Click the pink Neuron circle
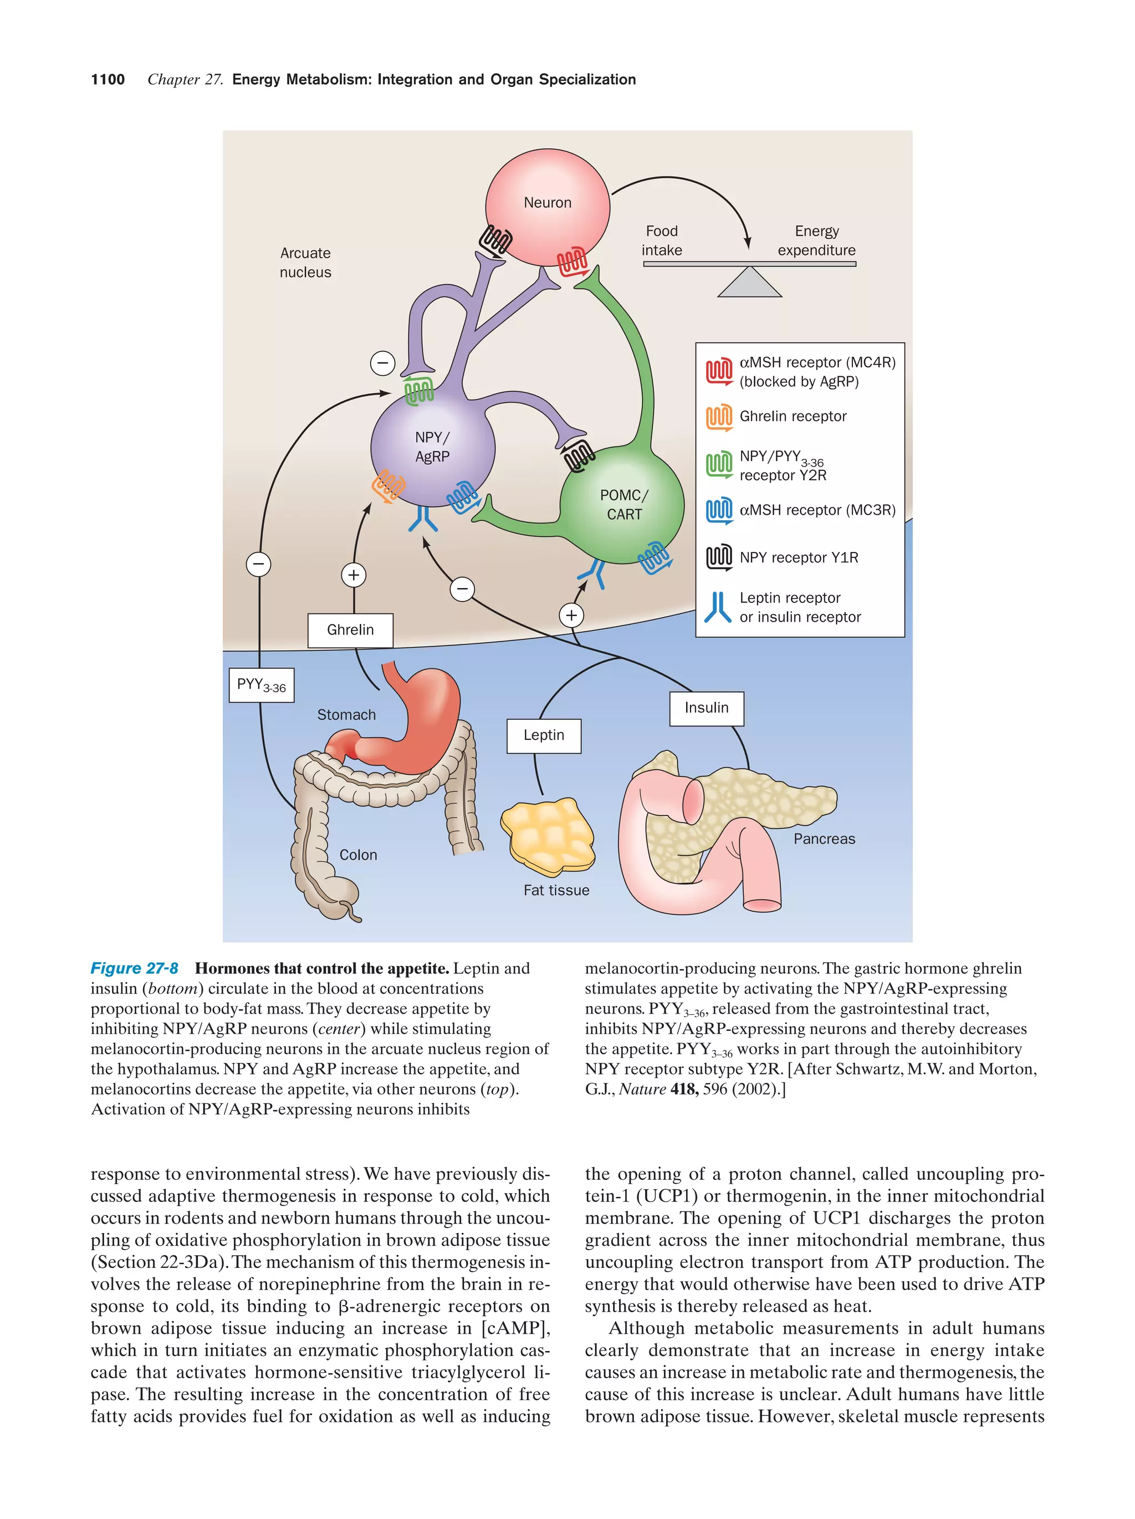click(546, 206)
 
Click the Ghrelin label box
click(350, 630)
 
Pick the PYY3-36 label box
click(261, 684)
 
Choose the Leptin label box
click(544, 735)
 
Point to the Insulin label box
click(706, 708)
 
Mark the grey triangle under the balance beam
click(749, 284)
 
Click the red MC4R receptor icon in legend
click(719, 371)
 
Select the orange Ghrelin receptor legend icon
click(719, 417)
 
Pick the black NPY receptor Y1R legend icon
click(719, 557)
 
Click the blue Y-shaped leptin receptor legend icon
click(718, 607)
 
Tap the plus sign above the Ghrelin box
click(353, 575)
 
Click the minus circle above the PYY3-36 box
click(259, 565)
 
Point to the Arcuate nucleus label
click(305, 262)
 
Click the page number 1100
click(108, 80)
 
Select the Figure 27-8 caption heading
click(135, 968)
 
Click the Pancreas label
click(824, 838)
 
